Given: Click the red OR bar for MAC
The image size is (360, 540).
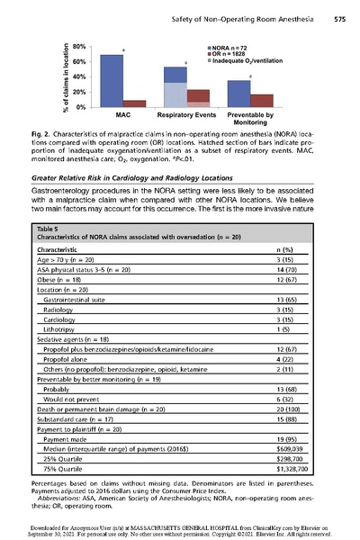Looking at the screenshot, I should (x=134, y=103).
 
